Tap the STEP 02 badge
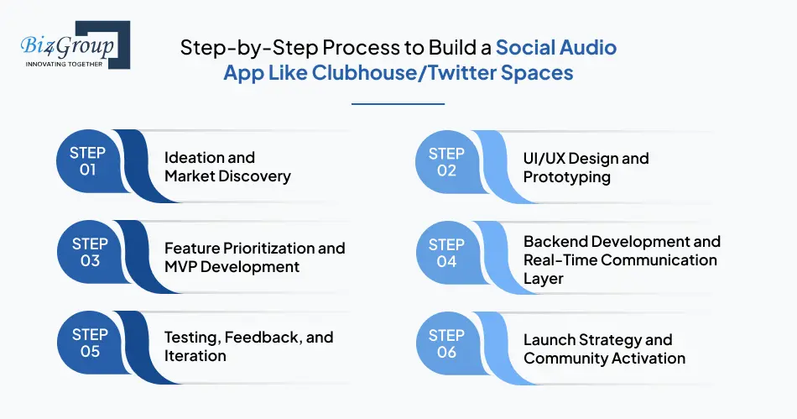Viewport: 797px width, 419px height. (446, 161)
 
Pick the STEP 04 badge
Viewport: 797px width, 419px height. (446, 253)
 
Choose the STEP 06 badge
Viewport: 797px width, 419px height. (446, 343)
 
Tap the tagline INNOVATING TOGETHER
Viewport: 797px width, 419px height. (65, 64)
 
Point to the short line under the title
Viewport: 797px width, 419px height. (398, 104)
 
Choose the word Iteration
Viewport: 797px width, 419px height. (195, 356)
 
